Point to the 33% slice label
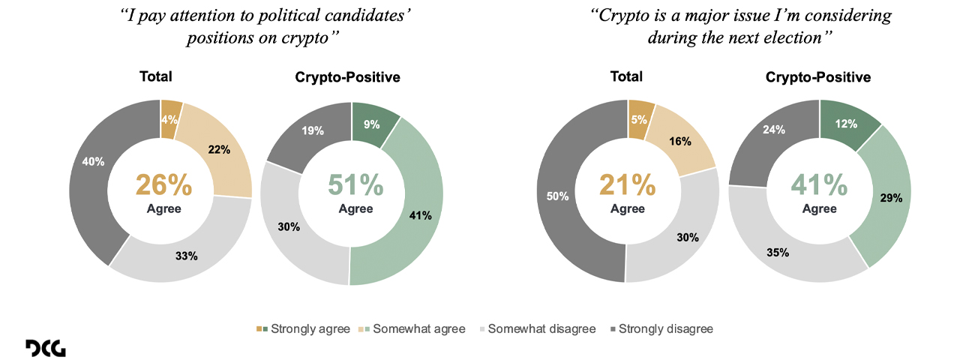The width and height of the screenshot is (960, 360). point(187,256)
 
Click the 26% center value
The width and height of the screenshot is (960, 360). point(163,185)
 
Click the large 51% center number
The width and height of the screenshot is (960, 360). point(355,185)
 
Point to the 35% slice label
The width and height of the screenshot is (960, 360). point(778,253)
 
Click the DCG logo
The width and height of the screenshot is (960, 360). point(45,348)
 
